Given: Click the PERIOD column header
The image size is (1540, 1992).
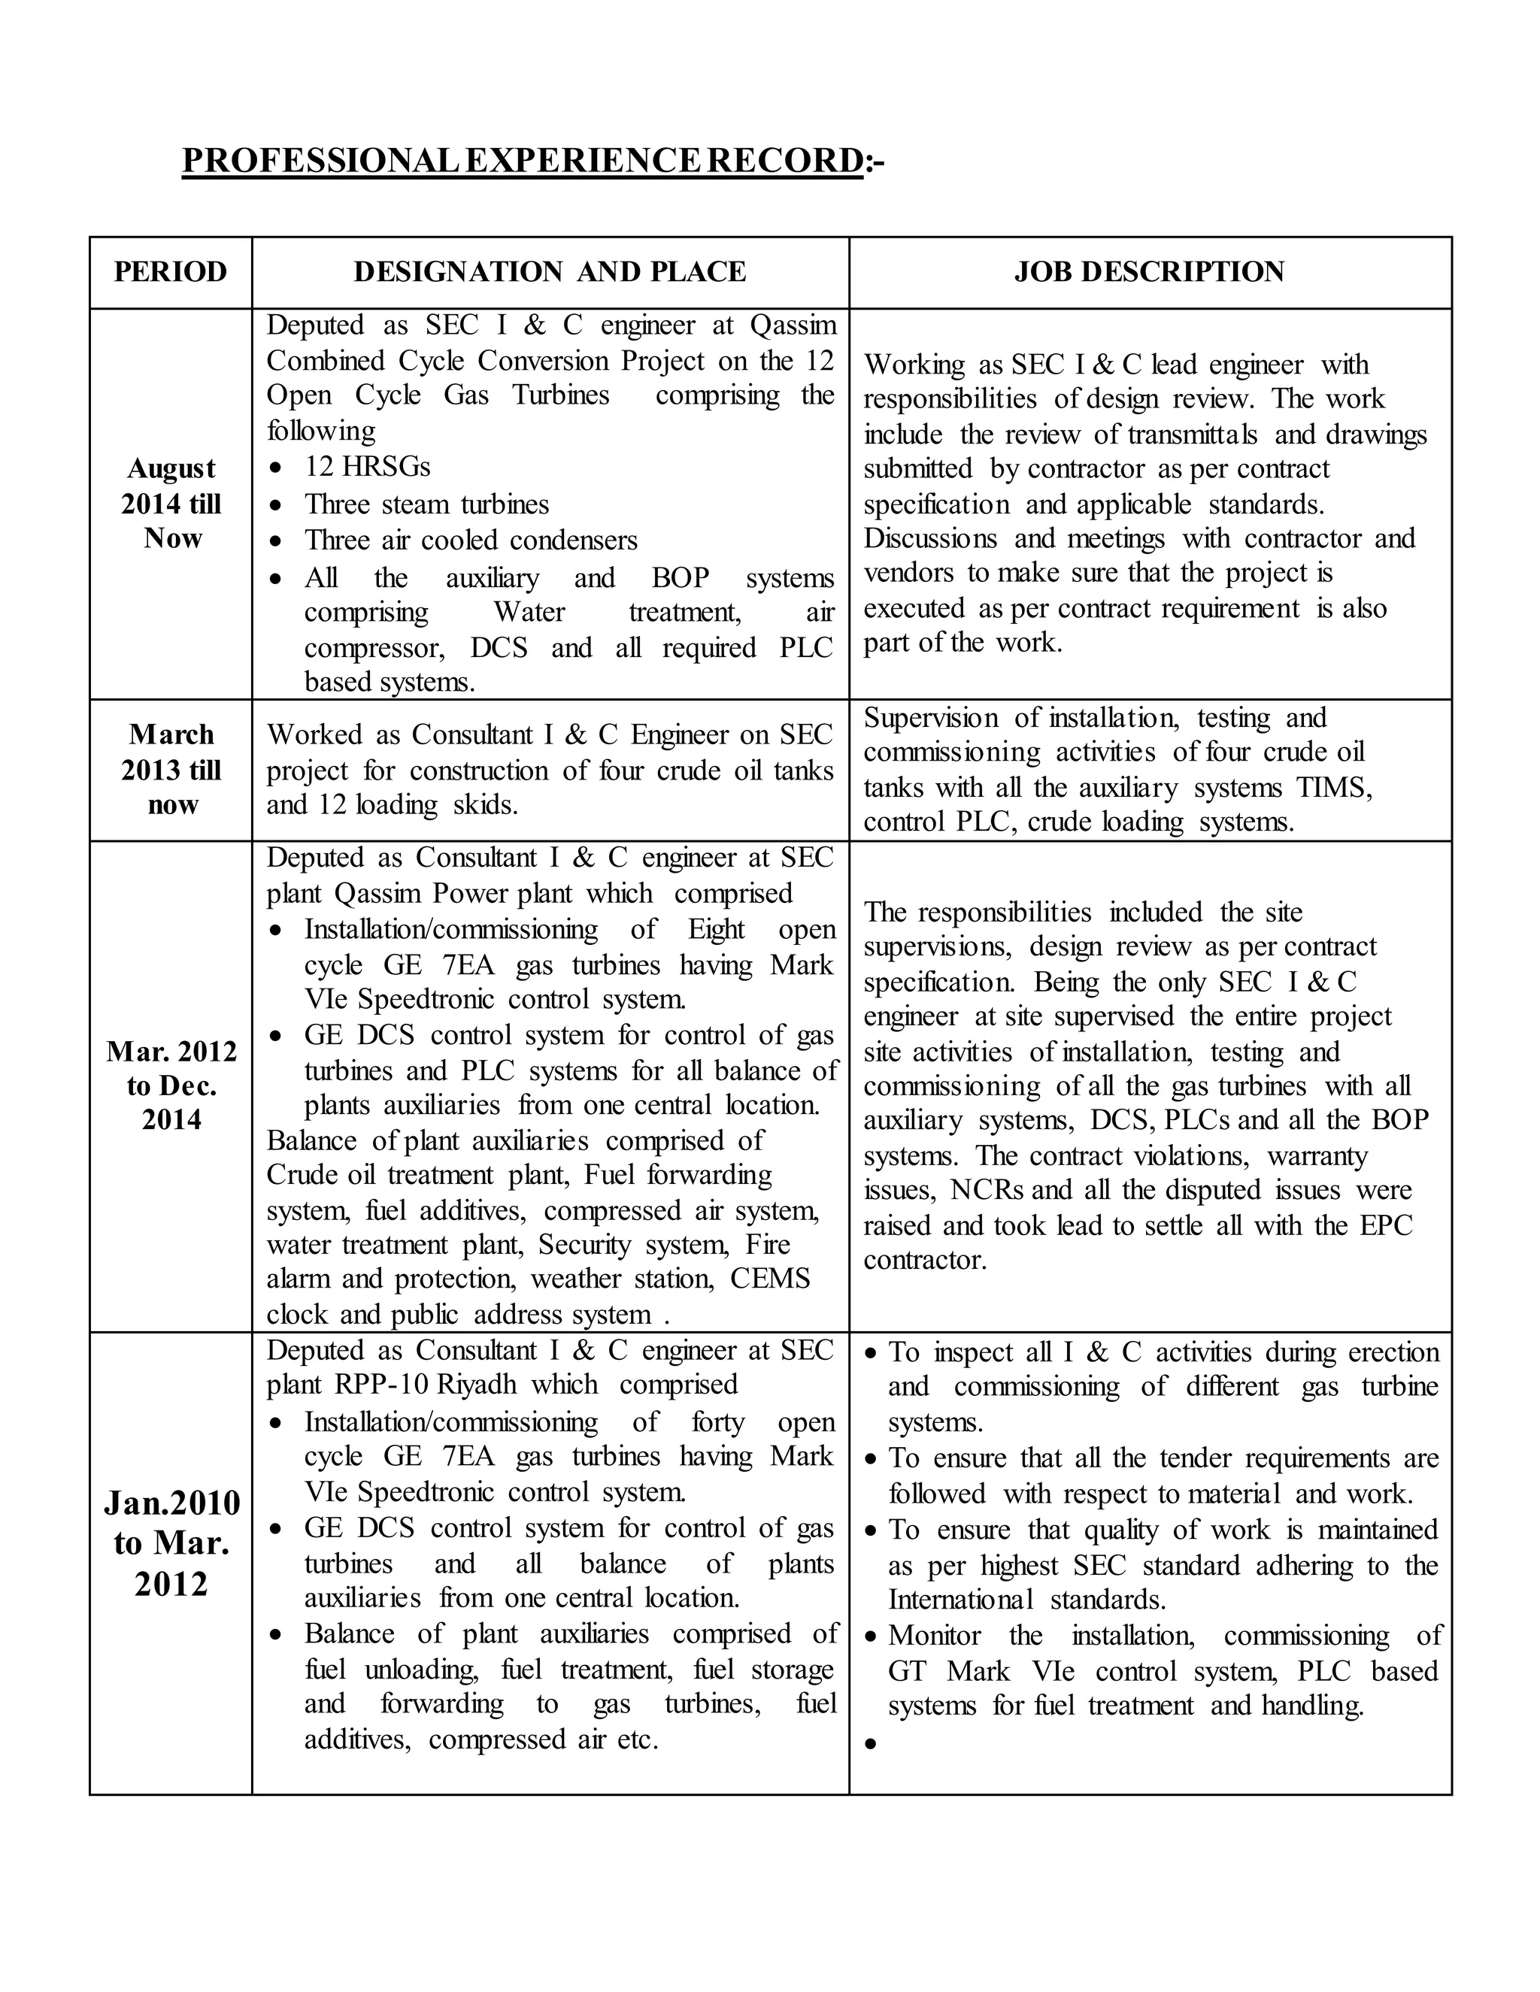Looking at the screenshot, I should click(170, 272).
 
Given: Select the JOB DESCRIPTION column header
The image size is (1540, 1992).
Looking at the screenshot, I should click(1150, 272).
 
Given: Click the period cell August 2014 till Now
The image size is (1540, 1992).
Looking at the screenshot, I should click(171, 504).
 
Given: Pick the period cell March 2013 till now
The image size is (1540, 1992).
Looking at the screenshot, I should click(171, 769).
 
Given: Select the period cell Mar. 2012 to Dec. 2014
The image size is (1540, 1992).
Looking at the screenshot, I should click(171, 1085).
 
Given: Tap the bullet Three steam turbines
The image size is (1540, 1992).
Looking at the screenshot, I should click(426, 504).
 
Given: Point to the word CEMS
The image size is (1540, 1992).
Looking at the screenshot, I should click(770, 1279).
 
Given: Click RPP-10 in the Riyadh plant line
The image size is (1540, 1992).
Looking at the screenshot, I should click(383, 1385).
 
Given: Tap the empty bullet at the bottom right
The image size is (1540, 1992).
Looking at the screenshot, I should click(870, 1743).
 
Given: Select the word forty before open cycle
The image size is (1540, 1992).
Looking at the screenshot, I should click(718, 1422).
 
